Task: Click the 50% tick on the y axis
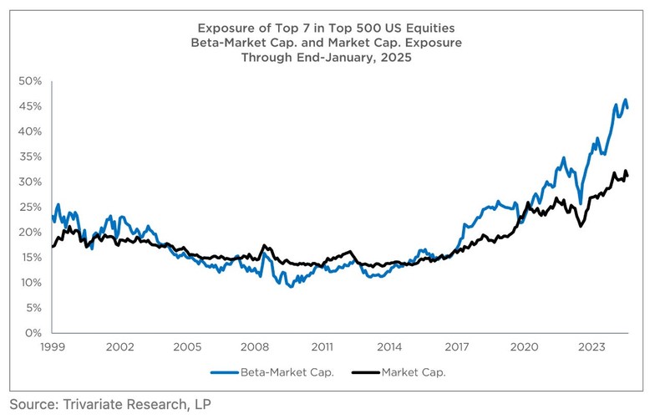pos(31,81)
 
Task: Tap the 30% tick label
pos(31,182)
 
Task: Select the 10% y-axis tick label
pos(31,282)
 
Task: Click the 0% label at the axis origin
pos(34,333)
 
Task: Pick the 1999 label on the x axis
pos(53,346)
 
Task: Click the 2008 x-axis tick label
pos(255,346)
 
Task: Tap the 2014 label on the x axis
pos(389,346)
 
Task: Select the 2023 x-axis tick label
pos(591,346)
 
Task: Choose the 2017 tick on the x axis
pos(457,346)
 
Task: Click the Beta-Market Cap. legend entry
pos(276,372)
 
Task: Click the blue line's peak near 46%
pos(624,100)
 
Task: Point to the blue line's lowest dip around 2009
pos(289,286)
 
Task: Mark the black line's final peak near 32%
pos(625,171)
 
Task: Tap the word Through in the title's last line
pos(264,58)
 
